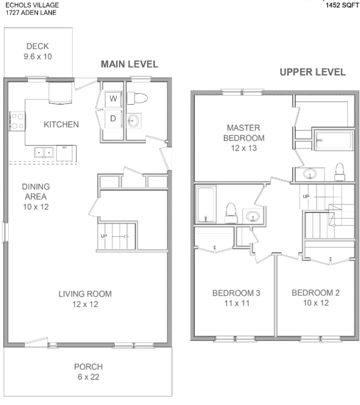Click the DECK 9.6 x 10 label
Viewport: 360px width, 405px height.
(37, 51)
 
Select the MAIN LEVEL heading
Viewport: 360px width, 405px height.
(129, 64)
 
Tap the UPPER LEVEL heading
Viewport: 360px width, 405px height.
(313, 72)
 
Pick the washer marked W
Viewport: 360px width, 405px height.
(113, 99)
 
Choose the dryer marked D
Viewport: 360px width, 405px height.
(113, 119)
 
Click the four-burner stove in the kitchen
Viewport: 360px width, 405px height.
(17, 121)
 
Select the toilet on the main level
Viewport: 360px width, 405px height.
(137, 98)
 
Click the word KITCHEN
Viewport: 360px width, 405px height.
(61, 125)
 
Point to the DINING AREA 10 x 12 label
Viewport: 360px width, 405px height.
(35, 196)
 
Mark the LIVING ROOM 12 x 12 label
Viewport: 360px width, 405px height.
(85, 299)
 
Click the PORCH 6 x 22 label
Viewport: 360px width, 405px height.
(88, 372)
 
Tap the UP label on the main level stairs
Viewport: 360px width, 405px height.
(104, 236)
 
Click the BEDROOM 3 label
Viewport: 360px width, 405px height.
(235, 297)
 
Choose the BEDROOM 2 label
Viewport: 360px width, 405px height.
(316, 297)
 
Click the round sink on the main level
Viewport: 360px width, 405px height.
(133, 121)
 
